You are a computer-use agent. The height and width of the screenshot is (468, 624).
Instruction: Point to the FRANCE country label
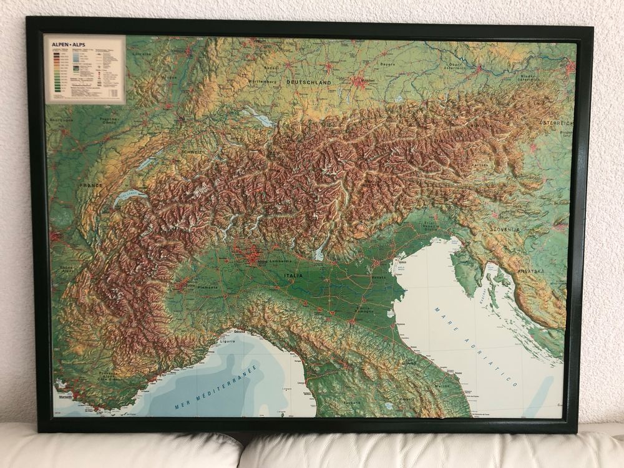pyautogui.click(x=90, y=185)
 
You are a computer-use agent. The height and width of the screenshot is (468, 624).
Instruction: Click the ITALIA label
pyautogui.click(x=293, y=275)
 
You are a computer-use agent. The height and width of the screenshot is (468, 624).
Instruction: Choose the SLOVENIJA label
pyautogui.click(x=505, y=230)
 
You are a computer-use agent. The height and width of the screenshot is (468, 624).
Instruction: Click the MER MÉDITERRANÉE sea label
pyautogui.click(x=216, y=389)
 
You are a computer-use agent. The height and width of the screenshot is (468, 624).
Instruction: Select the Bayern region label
pyautogui.click(x=388, y=64)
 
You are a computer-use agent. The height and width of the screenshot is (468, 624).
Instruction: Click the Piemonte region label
pyautogui.click(x=207, y=288)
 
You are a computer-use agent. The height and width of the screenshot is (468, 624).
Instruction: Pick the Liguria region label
pyautogui.click(x=226, y=341)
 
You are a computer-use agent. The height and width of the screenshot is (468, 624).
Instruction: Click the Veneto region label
pyautogui.click(x=378, y=277)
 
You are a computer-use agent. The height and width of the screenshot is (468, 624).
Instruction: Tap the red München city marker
pyautogui.click(x=358, y=81)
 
